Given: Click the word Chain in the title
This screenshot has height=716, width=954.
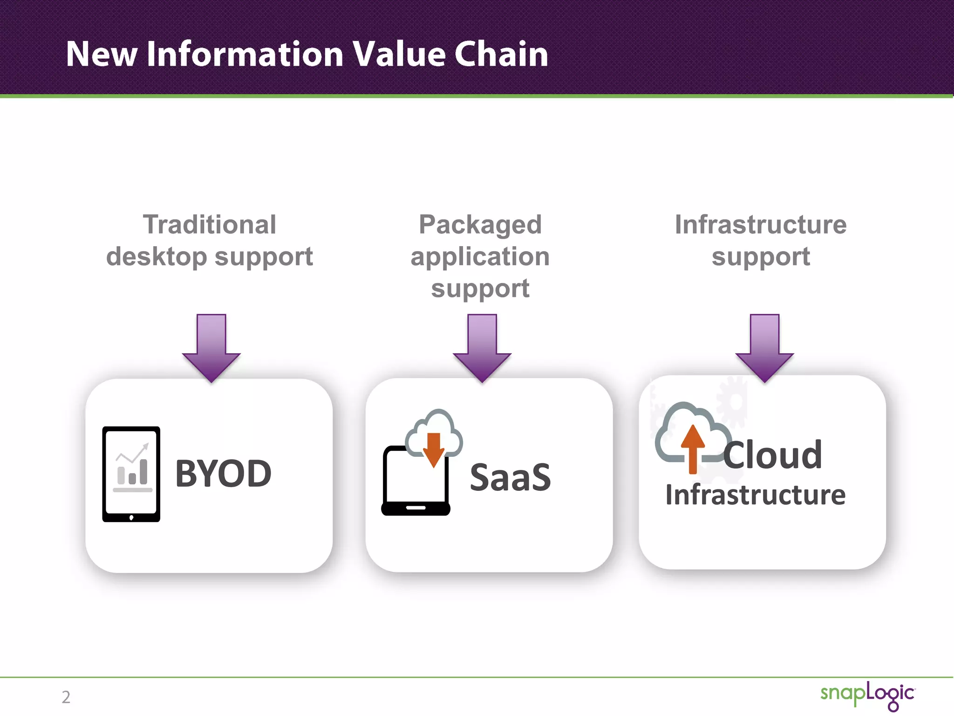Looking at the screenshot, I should click(501, 54).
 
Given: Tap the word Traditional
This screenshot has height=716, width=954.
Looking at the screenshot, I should click(210, 225).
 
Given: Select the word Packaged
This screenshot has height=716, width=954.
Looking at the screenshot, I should click(480, 225).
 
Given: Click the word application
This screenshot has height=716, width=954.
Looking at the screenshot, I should click(480, 257).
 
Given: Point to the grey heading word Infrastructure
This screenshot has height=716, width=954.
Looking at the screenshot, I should click(761, 225).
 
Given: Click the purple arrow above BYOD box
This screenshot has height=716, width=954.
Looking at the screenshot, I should click(211, 347).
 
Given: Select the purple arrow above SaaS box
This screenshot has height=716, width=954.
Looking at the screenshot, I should click(482, 347).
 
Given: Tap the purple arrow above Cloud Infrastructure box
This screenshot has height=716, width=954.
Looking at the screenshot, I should click(764, 347).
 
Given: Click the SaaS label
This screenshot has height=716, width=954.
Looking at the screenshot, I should click(510, 478).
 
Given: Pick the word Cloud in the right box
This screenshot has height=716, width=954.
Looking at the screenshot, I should click(773, 455).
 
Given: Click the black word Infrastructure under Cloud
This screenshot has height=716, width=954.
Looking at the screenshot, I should click(755, 495).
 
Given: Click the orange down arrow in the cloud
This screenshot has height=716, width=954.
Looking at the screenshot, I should click(434, 449).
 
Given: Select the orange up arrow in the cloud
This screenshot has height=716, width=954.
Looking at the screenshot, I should click(693, 448).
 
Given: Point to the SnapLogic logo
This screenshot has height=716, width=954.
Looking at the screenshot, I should click(867, 695).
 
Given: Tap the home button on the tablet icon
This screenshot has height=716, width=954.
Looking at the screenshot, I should click(131, 517).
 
